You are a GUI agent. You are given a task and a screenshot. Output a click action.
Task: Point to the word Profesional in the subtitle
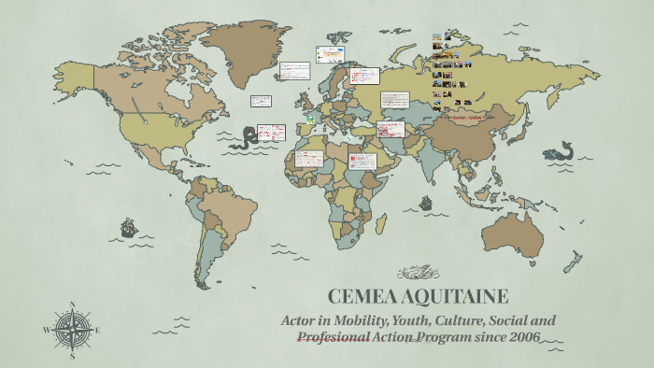click(x=331, y=336)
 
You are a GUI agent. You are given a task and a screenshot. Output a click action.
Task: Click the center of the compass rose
click(x=72, y=329)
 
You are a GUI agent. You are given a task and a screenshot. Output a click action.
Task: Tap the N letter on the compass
click(x=72, y=304)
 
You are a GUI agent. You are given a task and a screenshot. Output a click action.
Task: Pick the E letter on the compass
click(x=97, y=329)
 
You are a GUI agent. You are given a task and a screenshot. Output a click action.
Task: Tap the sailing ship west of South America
click(x=128, y=227)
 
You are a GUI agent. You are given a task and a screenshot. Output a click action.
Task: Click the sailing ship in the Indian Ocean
click(x=425, y=202)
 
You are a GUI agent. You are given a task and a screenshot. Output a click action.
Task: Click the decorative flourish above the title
click(x=418, y=273)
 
